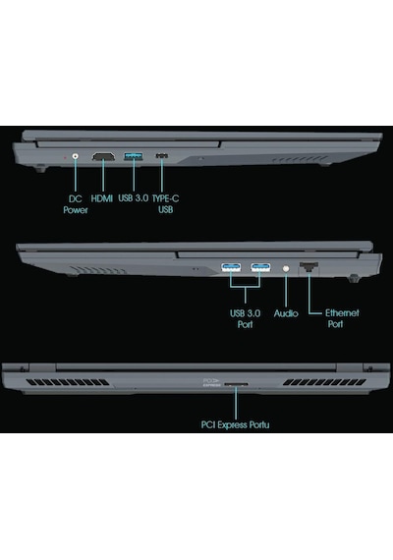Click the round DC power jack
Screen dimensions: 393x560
[75, 156]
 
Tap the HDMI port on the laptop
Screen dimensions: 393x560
[103, 156]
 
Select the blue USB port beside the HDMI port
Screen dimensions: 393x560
[134, 156]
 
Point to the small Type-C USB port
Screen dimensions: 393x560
[162, 155]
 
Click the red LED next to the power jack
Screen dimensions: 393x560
[65, 157]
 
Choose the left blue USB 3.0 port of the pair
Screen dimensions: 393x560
[231, 267]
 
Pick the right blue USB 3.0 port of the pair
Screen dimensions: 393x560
[260, 267]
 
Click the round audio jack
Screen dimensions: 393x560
[286, 268]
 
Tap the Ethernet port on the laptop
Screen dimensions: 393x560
[309, 267]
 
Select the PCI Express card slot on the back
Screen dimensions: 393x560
[236, 385]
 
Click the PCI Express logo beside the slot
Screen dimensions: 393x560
[212, 382]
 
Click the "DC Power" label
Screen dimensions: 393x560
[76, 204]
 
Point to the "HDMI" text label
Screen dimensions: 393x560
[102, 198]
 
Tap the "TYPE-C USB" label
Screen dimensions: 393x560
[166, 203]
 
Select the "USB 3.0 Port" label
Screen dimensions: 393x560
[245, 319]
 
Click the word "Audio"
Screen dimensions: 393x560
[286, 313]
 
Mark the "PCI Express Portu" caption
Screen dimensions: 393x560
[235, 424]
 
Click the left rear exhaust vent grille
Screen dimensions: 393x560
[68, 382]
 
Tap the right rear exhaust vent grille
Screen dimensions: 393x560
[325, 382]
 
